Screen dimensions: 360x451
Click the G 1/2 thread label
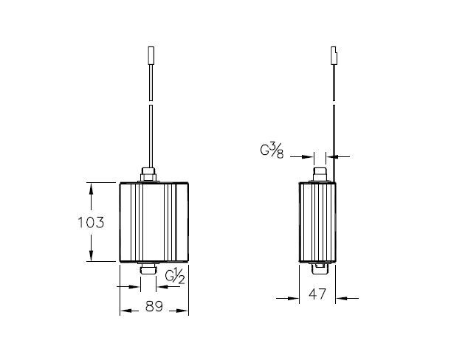tap(174, 277)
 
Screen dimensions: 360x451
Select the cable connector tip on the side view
tap(334, 56)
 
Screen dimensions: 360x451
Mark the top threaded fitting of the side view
tap(321, 176)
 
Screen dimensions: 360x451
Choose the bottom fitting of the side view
tap(321, 266)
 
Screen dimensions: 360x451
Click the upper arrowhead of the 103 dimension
tap(92, 187)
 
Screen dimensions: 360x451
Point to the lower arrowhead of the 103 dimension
tap(92, 256)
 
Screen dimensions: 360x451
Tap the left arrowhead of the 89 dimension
tap(125, 309)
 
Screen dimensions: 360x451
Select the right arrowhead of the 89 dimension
tap(184, 309)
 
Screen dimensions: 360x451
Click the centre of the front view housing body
tap(154, 221)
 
